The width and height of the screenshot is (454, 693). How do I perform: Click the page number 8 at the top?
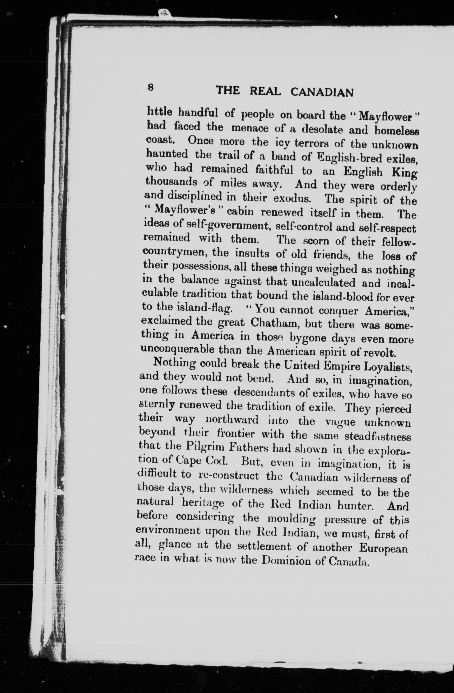pos(150,87)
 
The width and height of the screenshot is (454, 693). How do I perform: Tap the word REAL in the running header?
pos(265,92)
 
